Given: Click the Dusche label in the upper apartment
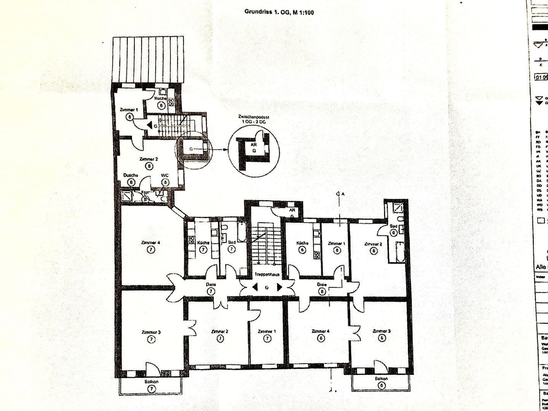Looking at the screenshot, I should [x=131, y=175].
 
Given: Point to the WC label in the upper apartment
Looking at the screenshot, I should [x=165, y=175].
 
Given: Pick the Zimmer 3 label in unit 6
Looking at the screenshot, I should [x=381, y=331].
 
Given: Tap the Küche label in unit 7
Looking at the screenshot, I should [x=203, y=242].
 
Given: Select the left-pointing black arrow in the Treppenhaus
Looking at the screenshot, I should [x=254, y=287].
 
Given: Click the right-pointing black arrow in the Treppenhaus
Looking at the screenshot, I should [x=280, y=287].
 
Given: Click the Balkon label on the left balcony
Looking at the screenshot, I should [x=151, y=382].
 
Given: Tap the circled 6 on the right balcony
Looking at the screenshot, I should [x=381, y=386].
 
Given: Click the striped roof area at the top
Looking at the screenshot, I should [x=148, y=59].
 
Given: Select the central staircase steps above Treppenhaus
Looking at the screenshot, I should [x=265, y=244].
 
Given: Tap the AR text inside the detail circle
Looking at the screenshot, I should [x=254, y=145].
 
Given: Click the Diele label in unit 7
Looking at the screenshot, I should [x=211, y=284].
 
